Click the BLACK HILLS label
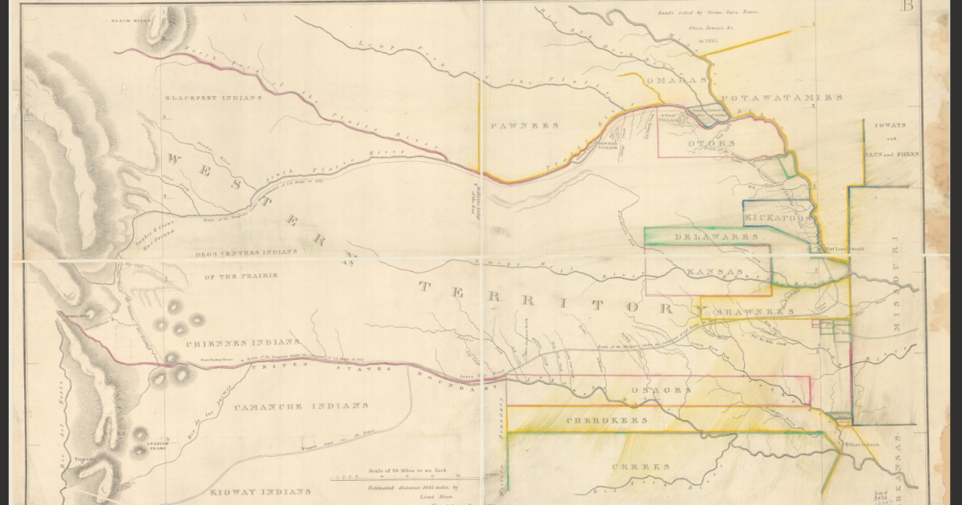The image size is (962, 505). (131, 18)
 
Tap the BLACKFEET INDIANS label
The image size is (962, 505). (213, 98)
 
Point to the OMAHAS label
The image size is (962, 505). (681, 79)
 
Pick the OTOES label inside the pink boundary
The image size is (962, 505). (710, 143)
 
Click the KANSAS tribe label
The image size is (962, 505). (713, 273)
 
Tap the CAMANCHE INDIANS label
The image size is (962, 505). (301, 407)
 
